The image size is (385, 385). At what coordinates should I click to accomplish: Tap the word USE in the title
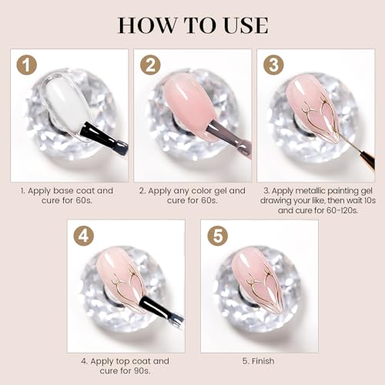tap(246, 25)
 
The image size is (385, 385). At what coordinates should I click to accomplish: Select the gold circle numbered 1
tap(27, 65)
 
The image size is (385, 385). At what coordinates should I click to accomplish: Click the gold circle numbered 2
tap(150, 65)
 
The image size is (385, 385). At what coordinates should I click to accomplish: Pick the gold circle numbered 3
tap(273, 65)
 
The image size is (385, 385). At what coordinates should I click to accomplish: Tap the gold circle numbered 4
tap(84, 236)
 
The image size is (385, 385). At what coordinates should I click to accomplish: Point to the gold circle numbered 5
tap(218, 236)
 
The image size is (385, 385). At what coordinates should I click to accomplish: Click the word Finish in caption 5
tap(263, 361)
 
